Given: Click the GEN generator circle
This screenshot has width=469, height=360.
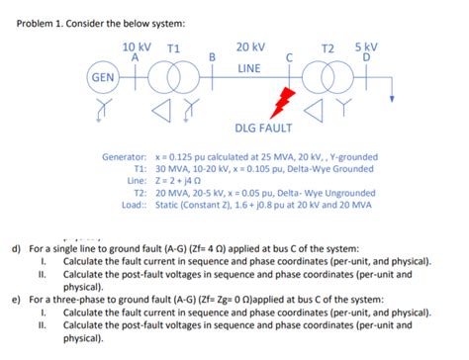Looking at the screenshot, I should pos(101,76).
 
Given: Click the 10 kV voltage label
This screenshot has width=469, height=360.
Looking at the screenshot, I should pos(137,46).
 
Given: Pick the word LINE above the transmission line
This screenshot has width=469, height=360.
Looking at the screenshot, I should pos(249,68).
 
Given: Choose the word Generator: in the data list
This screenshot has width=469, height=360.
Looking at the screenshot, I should pos(126,157).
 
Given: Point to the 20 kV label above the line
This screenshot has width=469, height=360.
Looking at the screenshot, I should pos(250,46).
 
